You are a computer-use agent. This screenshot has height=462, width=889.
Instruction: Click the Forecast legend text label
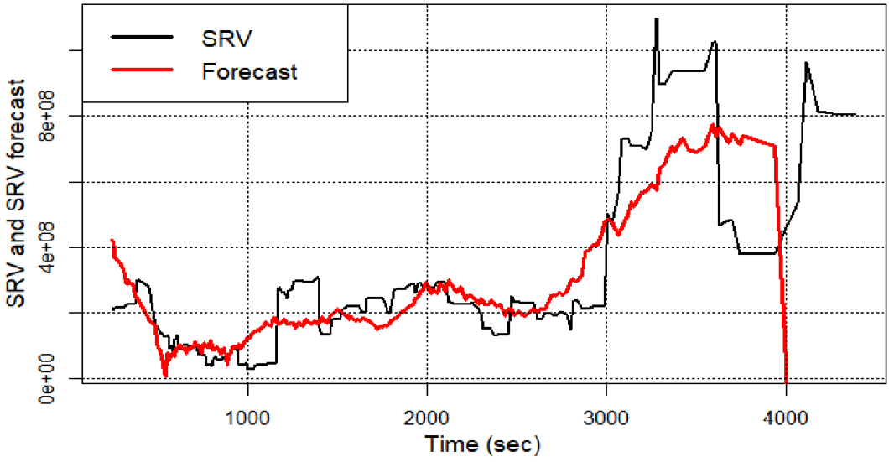(250, 71)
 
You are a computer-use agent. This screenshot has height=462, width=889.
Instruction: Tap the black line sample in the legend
(143, 39)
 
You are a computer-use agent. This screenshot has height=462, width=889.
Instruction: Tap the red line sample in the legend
(143, 71)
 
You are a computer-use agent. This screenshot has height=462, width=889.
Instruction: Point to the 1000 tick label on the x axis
(247, 417)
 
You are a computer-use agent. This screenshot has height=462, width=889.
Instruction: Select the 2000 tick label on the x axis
(427, 417)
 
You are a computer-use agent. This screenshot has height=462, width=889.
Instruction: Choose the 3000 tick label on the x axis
(606, 417)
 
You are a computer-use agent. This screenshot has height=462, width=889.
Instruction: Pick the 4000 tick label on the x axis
(786, 417)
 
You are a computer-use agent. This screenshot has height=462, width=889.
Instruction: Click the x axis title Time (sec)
(481, 443)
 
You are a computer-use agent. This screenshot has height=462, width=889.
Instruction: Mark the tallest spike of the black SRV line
(657, 19)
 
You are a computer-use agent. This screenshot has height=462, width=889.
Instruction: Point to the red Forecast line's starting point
(112, 240)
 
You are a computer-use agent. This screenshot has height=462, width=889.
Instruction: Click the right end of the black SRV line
(855, 114)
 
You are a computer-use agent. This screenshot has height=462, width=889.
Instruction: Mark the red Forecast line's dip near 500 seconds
(166, 375)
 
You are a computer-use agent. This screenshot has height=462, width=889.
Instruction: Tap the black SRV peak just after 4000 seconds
(806, 63)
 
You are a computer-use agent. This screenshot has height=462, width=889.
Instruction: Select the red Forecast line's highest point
(713, 125)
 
